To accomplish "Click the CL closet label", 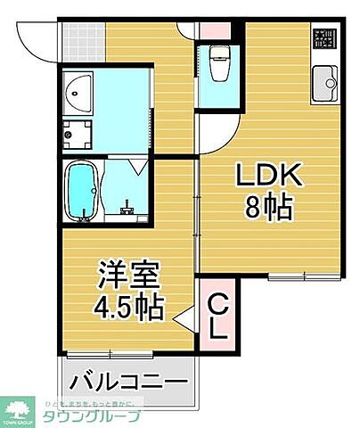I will click(x=217, y=319).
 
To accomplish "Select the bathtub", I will click(x=81, y=192).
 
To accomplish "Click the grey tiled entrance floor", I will click(x=84, y=40).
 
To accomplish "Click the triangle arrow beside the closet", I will click(x=185, y=319).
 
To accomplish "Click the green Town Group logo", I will click(x=20, y=409).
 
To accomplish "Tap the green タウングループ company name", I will click(x=89, y=416).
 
